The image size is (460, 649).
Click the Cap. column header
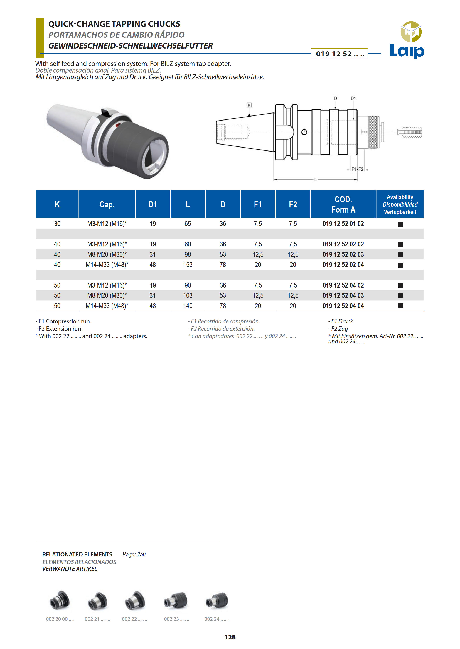[x=107, y=204]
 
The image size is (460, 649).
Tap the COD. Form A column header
[x=343, y=204]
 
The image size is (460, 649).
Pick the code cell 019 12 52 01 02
[x=343, y=224]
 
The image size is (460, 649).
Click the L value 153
[x=188, y=265]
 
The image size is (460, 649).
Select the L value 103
[x=188, y=296]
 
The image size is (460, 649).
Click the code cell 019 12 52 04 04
[x=343, y=306]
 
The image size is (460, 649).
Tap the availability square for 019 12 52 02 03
[x=400, y=254]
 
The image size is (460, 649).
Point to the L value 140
[x=188, y=306]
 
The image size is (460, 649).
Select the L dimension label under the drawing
[x=315, y=180]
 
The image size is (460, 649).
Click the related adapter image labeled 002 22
[x=135, y=600]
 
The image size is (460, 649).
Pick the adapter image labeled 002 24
[x=217, y=600]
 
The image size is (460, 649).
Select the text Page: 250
[x=134, y=554]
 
